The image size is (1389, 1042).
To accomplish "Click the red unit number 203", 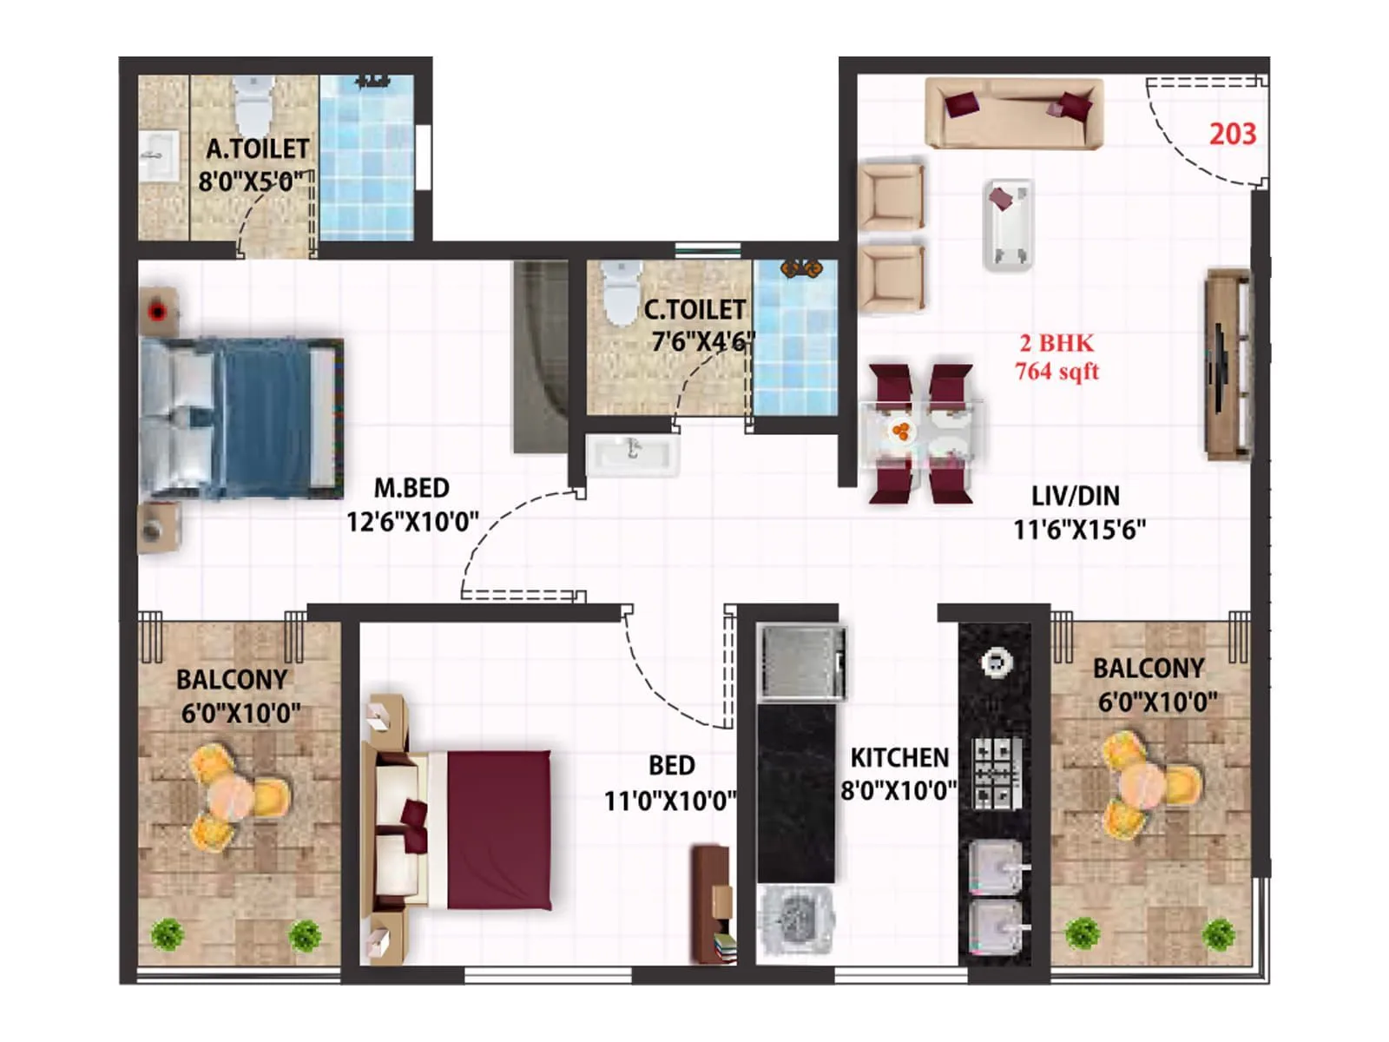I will [1232, 134].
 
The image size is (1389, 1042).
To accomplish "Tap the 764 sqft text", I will [1057, 372].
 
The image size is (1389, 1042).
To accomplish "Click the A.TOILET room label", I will [257, 148].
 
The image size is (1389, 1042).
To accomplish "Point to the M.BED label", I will [411, 488].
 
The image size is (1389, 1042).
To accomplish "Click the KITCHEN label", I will [899, 758].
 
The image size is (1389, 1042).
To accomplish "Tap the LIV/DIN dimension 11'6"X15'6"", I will [1079, 529].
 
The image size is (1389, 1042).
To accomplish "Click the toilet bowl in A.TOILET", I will [253, 103].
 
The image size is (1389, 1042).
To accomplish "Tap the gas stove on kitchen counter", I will [995, 772].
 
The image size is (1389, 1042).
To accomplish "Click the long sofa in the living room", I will [1014, 114].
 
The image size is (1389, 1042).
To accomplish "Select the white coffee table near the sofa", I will [1008, 225].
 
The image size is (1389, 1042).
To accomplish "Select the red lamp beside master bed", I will [157, 310].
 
